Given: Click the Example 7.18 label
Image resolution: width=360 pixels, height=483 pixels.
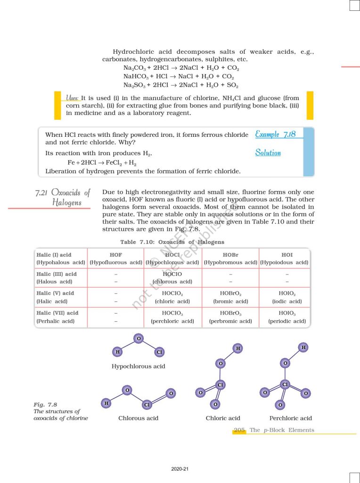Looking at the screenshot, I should tap(275, 134).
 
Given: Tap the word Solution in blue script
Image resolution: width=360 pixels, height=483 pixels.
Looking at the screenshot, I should tap(268, 153).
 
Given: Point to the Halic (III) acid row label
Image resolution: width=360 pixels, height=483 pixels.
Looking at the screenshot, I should tap(56, 274).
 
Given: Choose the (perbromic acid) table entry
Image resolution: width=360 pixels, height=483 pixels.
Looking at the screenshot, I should tap(230, 321).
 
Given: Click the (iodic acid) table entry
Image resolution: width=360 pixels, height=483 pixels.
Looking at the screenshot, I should tap(286, 301).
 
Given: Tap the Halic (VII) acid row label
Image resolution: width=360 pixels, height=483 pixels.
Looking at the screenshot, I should tap(57, 313).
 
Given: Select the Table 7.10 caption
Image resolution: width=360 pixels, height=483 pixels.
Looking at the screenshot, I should tap(172, 242).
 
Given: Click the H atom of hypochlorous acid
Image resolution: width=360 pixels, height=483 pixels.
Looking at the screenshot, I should tap(117, 352).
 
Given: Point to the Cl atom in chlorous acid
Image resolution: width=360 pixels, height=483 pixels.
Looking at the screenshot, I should tap(147, 405).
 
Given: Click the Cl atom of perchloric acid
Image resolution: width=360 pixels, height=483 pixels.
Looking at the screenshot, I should tap(285, 384).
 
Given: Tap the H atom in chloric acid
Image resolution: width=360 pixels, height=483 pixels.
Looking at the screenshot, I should tap(238, 348).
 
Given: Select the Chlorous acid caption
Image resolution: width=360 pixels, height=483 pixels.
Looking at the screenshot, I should tap(138, 418).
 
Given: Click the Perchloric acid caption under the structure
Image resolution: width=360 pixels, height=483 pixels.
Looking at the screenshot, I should tap(290, 418).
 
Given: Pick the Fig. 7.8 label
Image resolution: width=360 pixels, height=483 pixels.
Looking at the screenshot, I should tap(45, 405).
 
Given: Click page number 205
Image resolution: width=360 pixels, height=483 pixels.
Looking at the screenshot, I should tap(239, 430).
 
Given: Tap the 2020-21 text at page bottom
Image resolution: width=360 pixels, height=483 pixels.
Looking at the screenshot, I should tap(180, 469).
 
